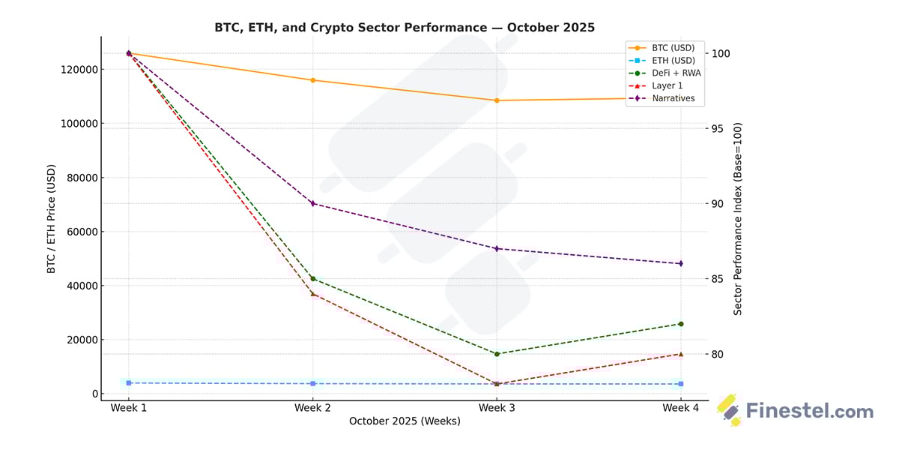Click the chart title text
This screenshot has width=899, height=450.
click(405, 28)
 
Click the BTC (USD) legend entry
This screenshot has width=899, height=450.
click(672, 48)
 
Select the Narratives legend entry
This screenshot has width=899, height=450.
click(672, 98)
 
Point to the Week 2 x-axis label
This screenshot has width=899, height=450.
click(312, 408)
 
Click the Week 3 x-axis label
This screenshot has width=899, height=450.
click(497, 408)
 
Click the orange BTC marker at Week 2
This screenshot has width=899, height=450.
click(312, 80)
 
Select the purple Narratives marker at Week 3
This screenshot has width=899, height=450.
click(497, 248)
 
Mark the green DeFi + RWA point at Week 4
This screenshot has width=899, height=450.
click(680, 324)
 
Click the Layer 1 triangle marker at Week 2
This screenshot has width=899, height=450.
click(312, 293)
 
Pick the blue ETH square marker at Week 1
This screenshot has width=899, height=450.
click(129, 383)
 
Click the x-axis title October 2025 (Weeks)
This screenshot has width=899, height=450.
click(405, 421)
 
